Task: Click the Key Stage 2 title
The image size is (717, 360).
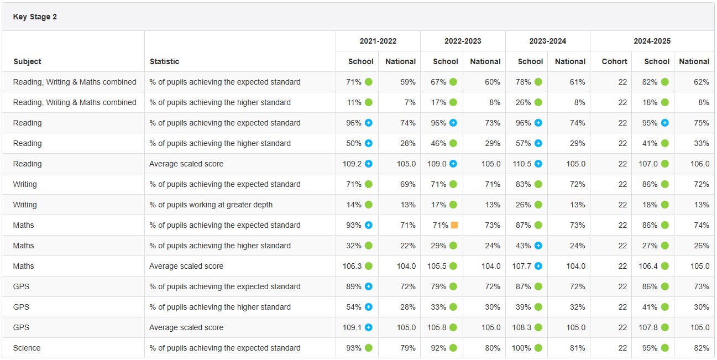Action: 35,17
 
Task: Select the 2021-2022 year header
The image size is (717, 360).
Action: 378,41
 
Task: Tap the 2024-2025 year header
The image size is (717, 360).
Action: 652,41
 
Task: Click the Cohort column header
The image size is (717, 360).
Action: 614,61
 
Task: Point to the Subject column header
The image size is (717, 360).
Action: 27,61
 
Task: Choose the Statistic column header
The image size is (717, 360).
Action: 164,61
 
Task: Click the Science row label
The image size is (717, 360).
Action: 27,348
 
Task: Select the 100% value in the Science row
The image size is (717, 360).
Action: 522,348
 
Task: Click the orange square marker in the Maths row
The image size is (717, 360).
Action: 454,225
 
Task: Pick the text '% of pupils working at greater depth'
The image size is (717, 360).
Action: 211,205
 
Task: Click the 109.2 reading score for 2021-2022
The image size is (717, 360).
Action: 352,164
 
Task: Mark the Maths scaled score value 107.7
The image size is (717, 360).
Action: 521,266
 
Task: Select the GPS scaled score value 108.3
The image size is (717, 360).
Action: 521,327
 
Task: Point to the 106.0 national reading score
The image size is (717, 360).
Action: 699,164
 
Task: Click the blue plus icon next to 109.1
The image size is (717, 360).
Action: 369,327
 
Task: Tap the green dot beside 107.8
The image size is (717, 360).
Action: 665,327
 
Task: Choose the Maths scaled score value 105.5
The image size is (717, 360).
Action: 437,266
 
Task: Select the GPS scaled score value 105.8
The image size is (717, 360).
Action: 437,327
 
